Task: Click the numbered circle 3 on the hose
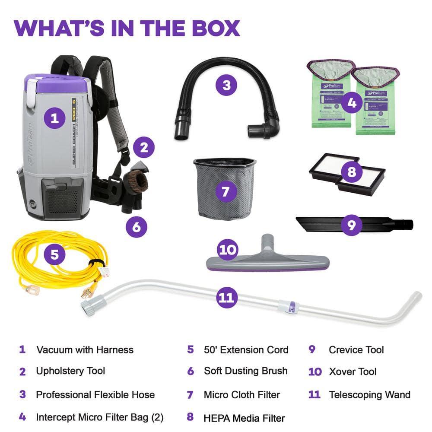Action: [226, 85]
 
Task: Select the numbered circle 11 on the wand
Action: [226, 298]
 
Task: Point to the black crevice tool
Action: [320, 224]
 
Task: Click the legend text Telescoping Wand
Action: [369, 394]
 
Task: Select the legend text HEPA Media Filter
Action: [244, 418]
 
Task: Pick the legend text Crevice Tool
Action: [356, 349]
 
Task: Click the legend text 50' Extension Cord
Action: [246, 349]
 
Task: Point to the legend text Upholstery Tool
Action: [70, 371]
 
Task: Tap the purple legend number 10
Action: [315, 372]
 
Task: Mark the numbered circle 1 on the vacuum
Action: [54, 118]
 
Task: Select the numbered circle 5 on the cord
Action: [54, 254]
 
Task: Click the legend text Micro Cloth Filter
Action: [242, 394]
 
